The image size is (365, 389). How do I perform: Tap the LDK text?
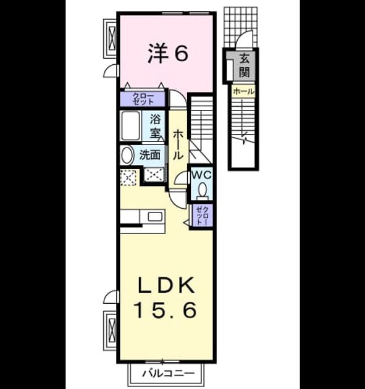(x=166, y=285)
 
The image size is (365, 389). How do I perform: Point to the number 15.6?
(x=166, y=310)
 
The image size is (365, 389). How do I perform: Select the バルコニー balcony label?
(x=169, y=373)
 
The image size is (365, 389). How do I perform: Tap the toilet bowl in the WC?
(x=203, y=190)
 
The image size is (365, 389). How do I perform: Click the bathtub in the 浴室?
(x=131, y=125)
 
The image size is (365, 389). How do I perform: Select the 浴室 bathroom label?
(x=155, y=127)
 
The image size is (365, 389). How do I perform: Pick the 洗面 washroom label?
(x=149, y=155)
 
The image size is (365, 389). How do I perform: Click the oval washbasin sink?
(x=126, y=155)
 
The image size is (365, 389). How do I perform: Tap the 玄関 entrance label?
(x=244, y=65)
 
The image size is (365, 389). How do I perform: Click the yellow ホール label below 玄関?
(x=244, y=91)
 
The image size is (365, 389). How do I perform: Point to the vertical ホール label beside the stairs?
(x=178, y=144)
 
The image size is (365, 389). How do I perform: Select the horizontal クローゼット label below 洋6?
(x=143, y=99)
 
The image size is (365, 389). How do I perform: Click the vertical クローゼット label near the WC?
(x=202, y=215)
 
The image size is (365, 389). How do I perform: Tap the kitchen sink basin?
(x=156, y=217)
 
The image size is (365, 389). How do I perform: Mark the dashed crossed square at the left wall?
(x=128, y=177)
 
